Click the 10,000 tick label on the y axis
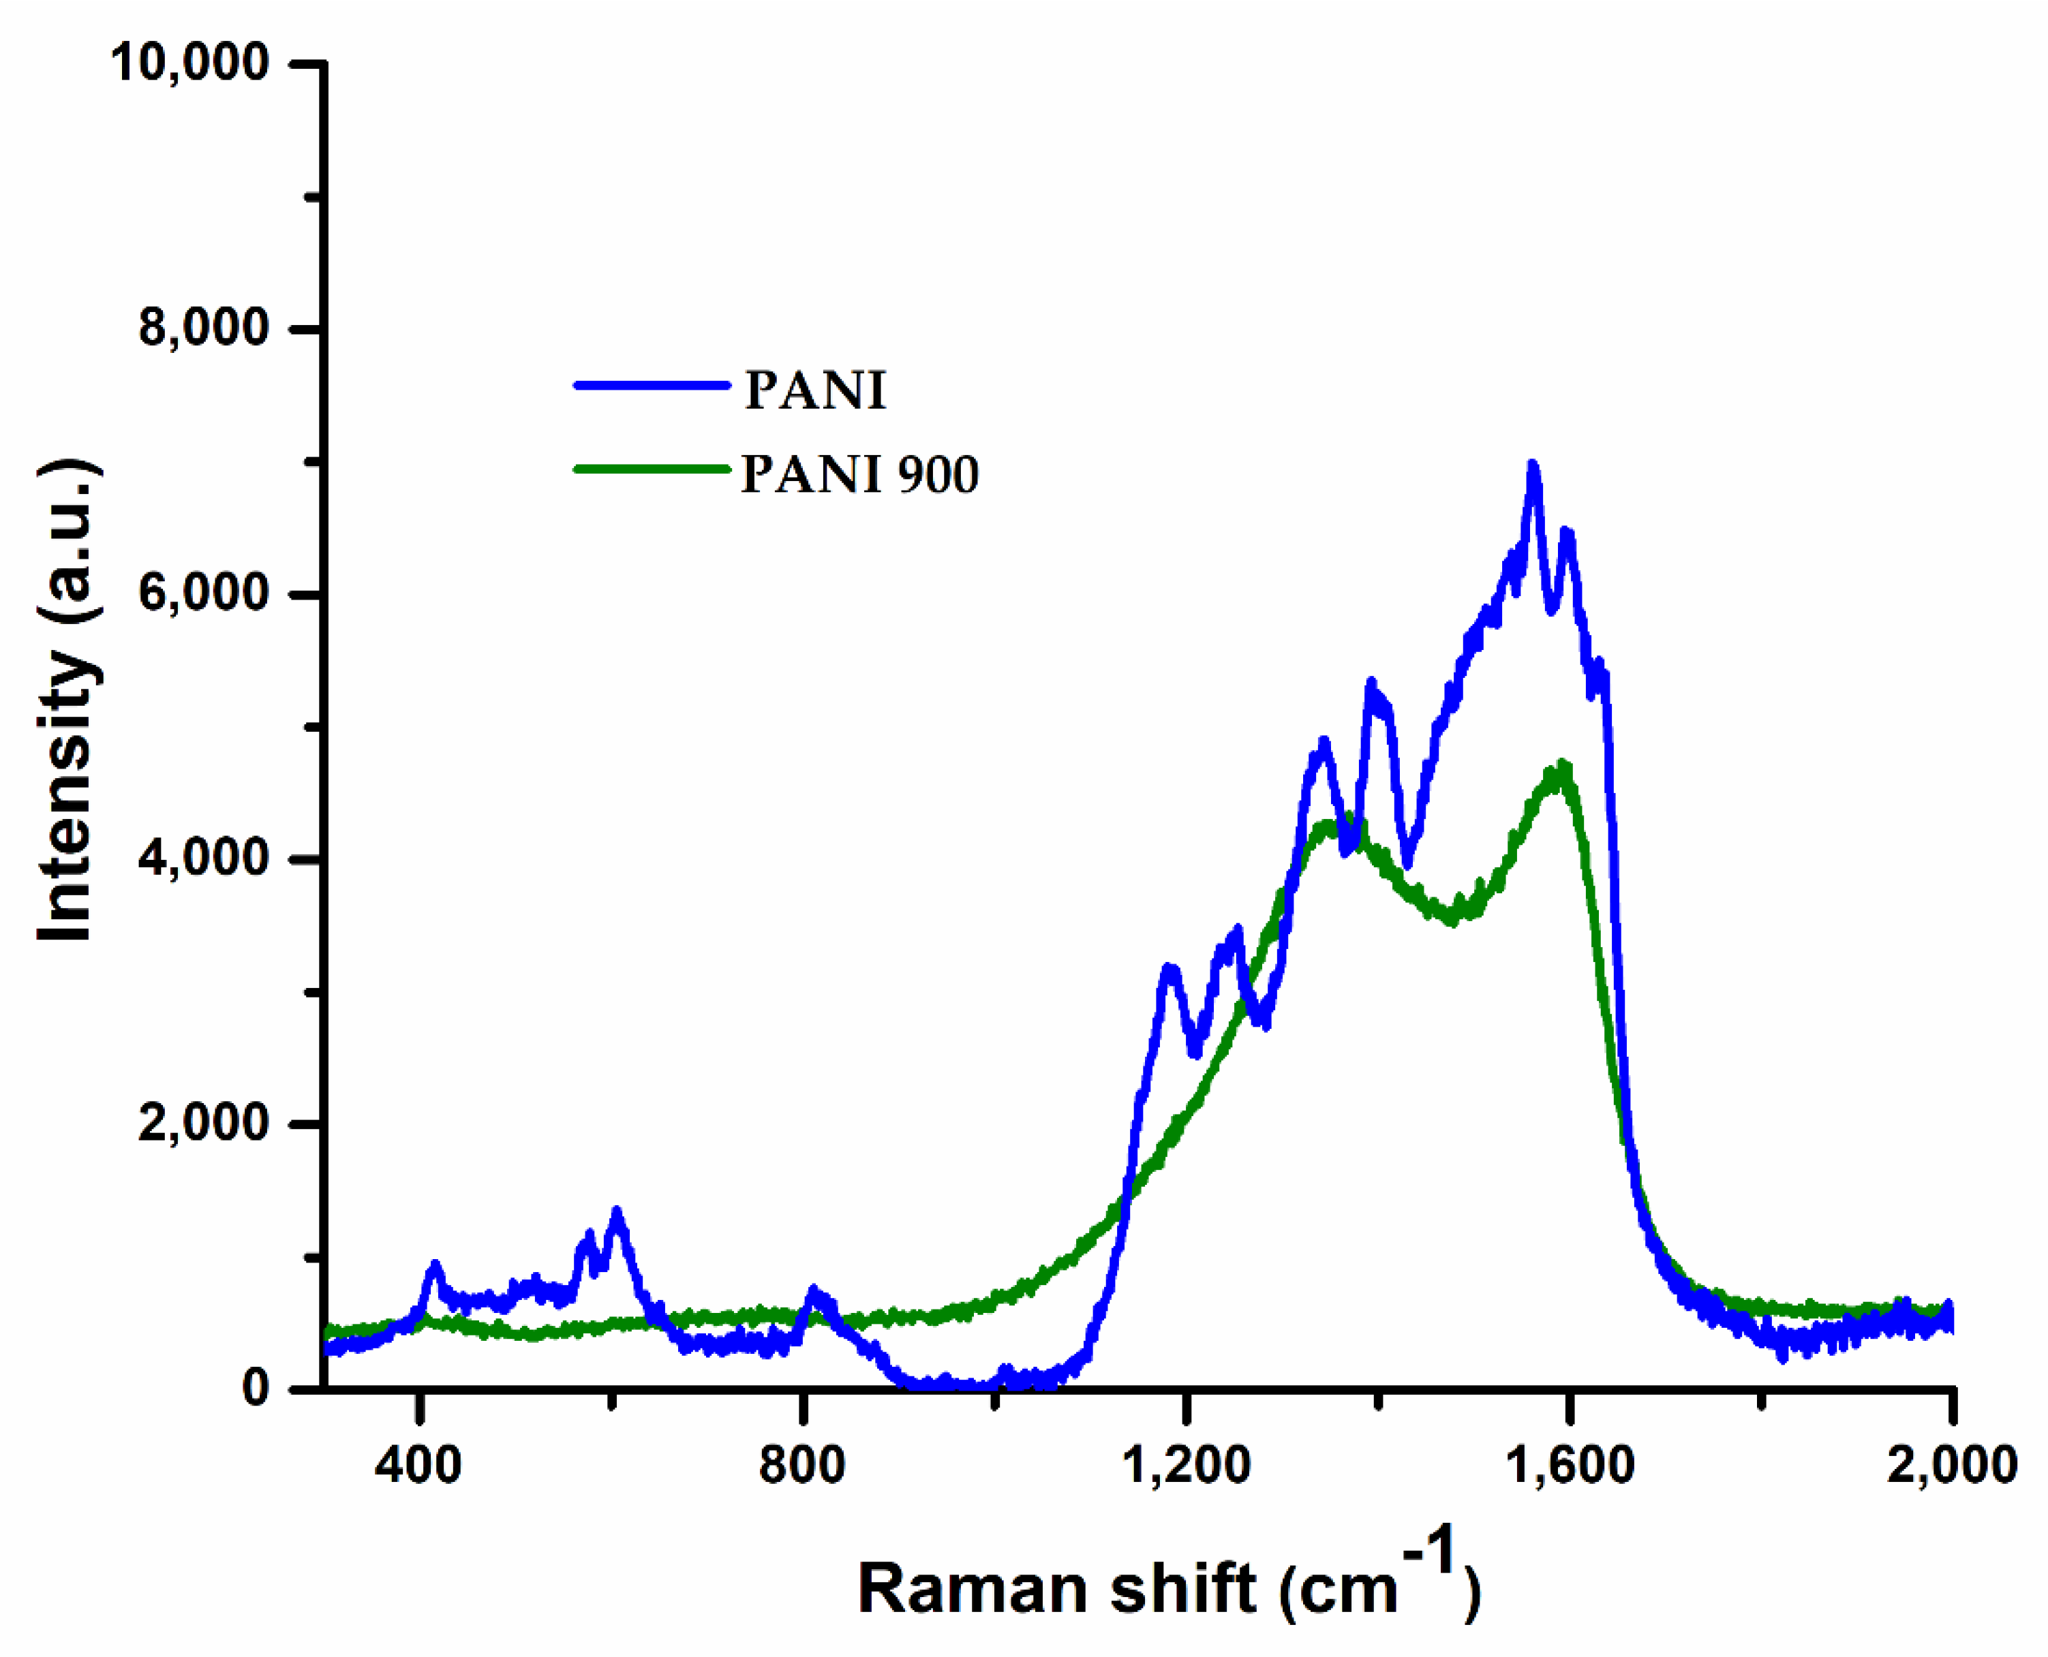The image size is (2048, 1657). point(189,64)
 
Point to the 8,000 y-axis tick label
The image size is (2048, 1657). point(202,328)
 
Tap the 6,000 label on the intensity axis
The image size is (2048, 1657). point(202,593)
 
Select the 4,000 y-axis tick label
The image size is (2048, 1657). point(202,858)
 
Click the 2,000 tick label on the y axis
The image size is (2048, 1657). point(202,1124)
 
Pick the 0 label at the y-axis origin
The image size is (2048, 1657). point(255,1388)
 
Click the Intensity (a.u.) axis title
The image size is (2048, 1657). point(67,702)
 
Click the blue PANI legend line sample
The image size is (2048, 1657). point(652,386)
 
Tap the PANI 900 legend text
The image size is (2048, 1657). point(859,474)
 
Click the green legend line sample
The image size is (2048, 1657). point(652,469)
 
